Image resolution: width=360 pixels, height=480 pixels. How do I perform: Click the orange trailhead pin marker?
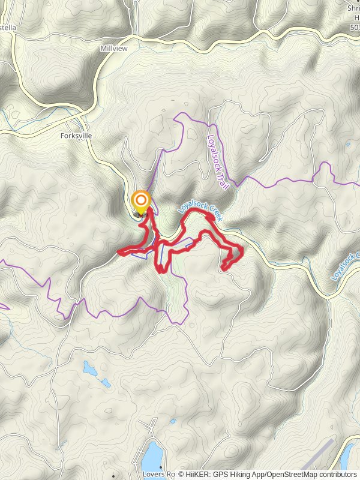coord(141,202)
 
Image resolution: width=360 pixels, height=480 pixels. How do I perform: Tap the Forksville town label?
coord(76,136)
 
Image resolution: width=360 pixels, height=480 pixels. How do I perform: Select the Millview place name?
coord(114,48)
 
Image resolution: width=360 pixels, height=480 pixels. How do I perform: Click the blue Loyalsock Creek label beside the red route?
coord(200,212)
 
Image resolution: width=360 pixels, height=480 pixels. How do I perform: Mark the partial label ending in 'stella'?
coord(8,28)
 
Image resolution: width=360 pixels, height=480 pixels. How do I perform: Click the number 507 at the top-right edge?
coord(354,28)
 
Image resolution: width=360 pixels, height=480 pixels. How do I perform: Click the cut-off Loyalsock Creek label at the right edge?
coord(344,268)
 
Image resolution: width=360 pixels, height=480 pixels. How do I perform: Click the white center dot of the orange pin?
coord(141,199)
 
